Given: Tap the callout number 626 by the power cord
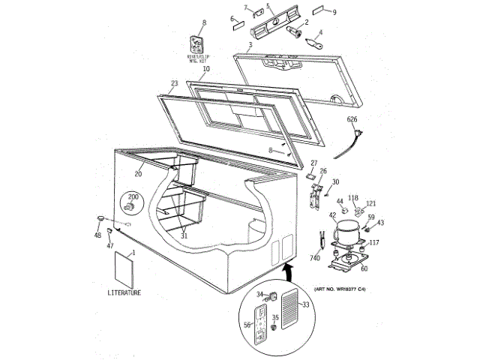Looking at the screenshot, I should tap(352, 119).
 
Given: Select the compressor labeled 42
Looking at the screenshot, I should tap(347, 232).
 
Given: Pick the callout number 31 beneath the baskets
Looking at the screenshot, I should tap(184, 235).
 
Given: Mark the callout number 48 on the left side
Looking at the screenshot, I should tap(97, 235).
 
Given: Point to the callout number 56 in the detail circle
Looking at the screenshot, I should tap(247, 325).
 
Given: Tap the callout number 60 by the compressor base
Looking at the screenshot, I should tap(364, 268).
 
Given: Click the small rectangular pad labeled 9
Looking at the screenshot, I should tap(318, 13).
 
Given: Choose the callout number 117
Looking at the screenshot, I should tap(373, 242).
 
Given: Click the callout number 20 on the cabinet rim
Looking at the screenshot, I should tap(138, 174).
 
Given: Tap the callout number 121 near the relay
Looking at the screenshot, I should tap(370, 203).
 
